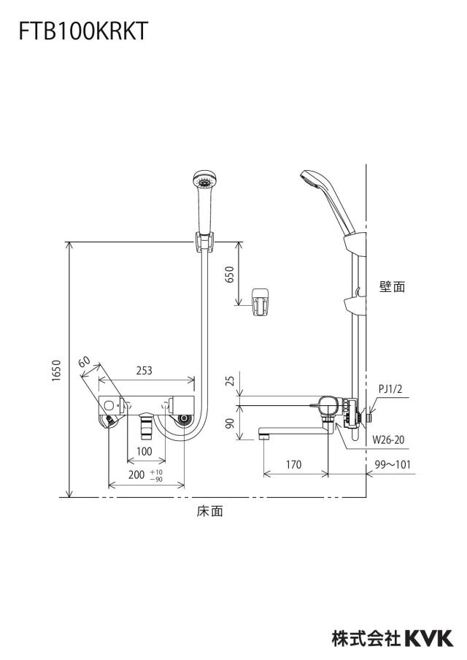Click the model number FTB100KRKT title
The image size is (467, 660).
83,31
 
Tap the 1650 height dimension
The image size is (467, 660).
57,371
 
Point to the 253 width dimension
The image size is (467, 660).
144,370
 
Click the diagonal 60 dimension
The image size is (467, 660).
84,362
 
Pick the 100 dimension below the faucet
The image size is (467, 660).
144,452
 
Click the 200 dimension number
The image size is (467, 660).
136,475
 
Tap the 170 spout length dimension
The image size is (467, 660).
293,464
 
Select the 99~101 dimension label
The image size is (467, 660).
393,464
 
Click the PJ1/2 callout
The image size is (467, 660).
390,388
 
